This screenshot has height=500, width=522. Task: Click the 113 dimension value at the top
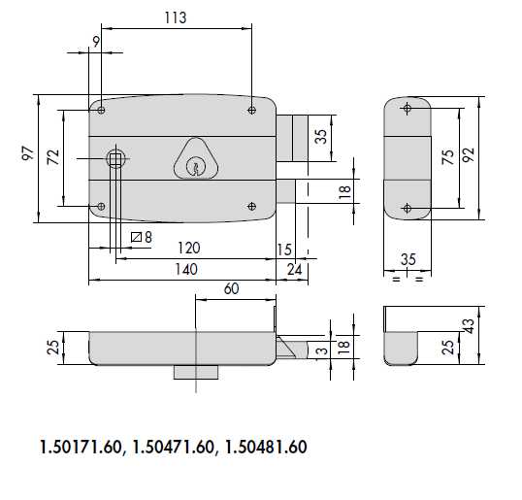pyautogui.click(x=176, y=17)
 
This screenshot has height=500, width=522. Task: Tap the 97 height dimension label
pyautogui.click(x=28, y=153)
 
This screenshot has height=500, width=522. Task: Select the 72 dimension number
pyautogui.click(x=53, y=157)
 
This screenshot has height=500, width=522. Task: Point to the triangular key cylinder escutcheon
pyautogui.click(x=196, y=159)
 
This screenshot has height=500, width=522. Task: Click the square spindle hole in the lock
pyautogui.click(x=115, y=159)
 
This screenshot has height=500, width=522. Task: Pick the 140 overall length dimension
pyautogui.click(x=186, y=269)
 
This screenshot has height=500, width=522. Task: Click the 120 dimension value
pyautogui.click(x=189, y=248)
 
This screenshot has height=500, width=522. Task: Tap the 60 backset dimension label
pyautogui.click(x=231, y=288)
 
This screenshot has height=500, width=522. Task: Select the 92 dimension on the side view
pyautogui.click(x=468, y=154)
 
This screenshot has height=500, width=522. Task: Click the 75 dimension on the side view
pyautogui.click(x=448, y=157)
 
